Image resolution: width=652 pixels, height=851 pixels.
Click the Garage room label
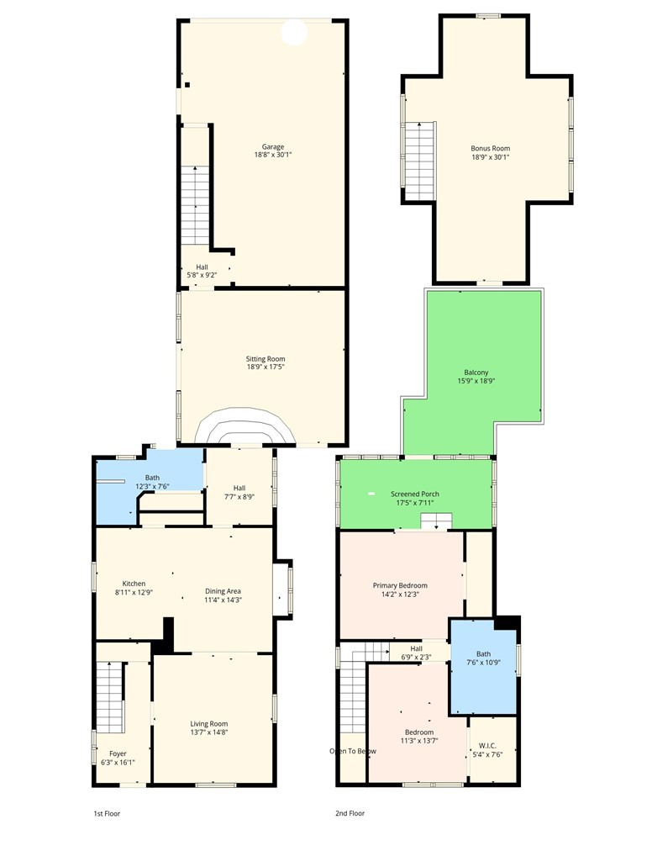273,147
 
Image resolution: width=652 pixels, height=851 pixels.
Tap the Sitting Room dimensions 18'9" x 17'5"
266,367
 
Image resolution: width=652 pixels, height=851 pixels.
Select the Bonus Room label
491,148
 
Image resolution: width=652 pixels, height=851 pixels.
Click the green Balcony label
476,373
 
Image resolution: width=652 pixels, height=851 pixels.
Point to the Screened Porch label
415,494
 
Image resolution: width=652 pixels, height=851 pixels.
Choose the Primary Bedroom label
400,585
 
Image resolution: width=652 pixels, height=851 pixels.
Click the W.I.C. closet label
487,746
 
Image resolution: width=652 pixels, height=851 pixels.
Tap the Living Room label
209,723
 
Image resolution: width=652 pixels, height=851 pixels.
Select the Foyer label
118,753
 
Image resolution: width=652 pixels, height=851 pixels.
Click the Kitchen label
134,584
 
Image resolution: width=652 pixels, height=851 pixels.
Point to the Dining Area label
223,591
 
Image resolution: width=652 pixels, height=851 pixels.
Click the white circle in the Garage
295,32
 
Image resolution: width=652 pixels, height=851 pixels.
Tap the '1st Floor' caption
107,813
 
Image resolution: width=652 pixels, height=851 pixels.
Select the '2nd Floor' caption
350,813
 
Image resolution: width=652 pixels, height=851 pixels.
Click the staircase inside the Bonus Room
420,161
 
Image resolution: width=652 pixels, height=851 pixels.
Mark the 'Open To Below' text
353,751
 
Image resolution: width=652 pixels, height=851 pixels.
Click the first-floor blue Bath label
152,478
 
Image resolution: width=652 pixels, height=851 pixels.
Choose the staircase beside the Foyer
111,697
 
